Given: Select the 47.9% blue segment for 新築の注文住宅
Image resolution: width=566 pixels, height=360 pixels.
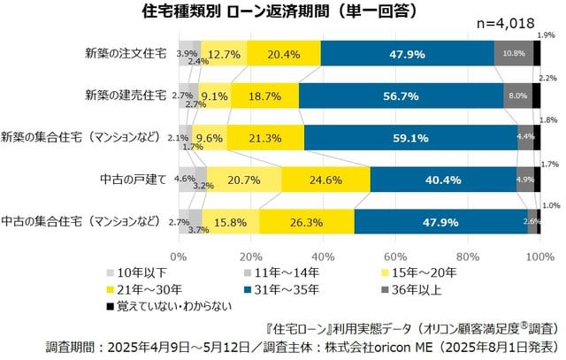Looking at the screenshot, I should pyautogui.click(x=408, y=53).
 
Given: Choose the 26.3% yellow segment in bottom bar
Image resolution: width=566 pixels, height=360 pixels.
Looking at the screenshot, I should pyautogui.click(x=307, y=221).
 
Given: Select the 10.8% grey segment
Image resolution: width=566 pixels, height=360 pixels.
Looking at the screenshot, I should pyautogui.click(x=514, y=53).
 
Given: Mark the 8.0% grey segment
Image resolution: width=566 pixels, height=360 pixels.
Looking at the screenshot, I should pyautogui.click(x=517, y=96).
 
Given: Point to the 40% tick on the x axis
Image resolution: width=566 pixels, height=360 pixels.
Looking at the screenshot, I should pyautogui.click(x=323, y=256).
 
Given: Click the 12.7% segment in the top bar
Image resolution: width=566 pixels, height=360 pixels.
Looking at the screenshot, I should pyautogui.click(x=224, y=53).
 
